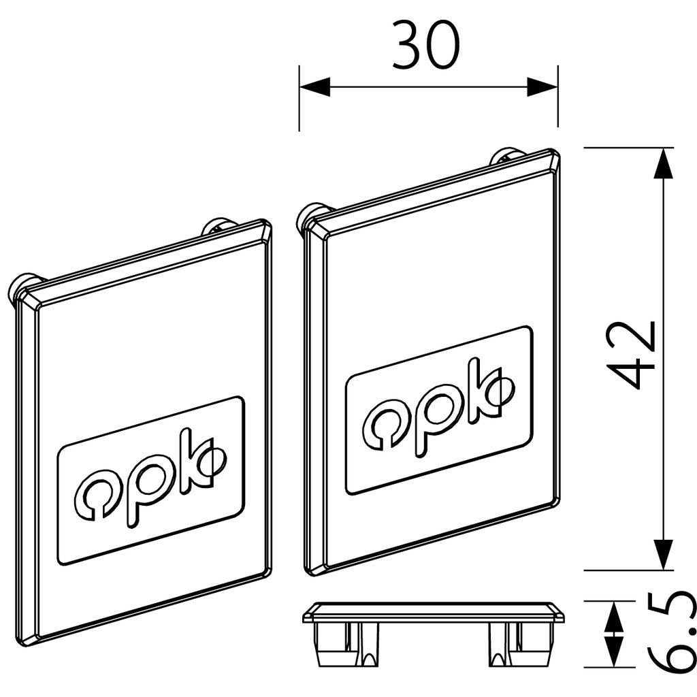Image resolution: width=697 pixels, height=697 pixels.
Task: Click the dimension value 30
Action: click(426, 46)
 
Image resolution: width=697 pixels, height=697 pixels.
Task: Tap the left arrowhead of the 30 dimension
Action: click(314, 86)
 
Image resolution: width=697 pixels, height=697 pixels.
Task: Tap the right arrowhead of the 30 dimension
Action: click(542, 86)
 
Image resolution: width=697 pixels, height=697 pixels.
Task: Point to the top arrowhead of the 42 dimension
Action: click(663, 163)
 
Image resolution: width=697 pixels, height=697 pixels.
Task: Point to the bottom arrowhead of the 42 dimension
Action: click(663, 554)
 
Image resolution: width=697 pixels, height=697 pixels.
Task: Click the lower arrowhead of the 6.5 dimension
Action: click(614, 652)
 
